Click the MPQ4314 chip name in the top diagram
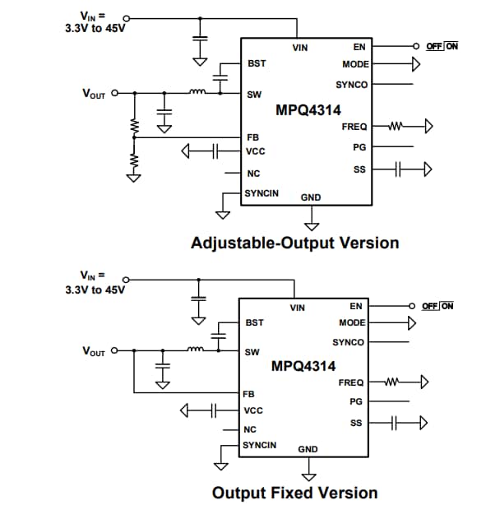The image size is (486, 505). [x=308, y=109]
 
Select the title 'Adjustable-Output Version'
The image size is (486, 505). [x=294, y=243]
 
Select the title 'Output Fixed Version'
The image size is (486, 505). [x=294, y=493]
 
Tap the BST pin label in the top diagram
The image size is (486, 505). [x=256, y=63]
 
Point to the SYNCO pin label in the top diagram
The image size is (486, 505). [x=352, y=85]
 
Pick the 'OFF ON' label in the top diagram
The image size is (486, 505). [x=442, y=46]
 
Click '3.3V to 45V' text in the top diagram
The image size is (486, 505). [x=95, y=27]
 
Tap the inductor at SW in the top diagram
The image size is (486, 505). [x=197, y=92]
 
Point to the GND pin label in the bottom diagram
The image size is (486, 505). [x=308, y=449]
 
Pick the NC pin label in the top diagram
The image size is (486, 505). [x=253, y=174]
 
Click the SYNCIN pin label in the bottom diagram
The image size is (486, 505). [x=259, y=445]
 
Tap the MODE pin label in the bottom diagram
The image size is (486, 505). [x=352, y=322]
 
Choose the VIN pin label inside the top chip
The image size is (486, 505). [x=300, y=48]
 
